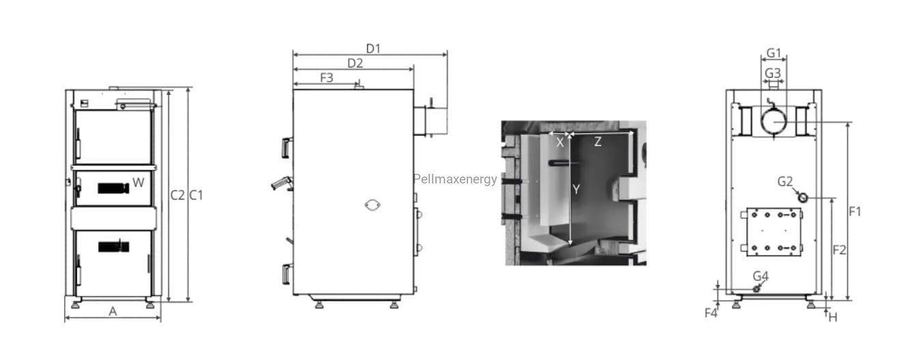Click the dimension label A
tap(113, 312)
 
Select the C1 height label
tap(196, 195)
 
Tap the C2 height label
tap(177, 195)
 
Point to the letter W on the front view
tap(138, 182)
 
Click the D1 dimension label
tap(373, 48)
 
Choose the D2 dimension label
tap(355, 63)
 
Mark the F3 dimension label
tap(327, 78)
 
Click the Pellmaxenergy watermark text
tap(455, 179)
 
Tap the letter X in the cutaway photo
tap(560, 142)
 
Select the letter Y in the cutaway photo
tap(576, 189)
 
